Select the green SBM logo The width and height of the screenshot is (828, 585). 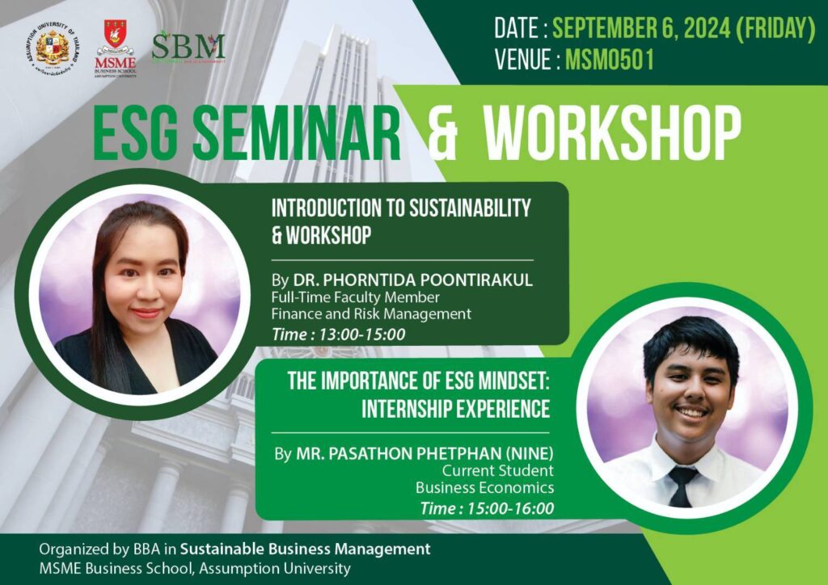(x=188, y=46)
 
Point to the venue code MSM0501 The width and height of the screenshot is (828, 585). (x=610, y=61)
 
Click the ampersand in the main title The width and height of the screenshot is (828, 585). (x=443, y=132)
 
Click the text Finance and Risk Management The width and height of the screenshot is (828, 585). (x=371, y=314)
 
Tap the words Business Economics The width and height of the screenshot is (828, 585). (x=484, y=487)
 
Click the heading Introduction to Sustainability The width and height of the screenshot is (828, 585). (x=401, y=208)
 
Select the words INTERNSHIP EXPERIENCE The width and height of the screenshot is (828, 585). (x=455, y=409)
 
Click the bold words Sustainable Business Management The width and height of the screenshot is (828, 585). (x=305, y=549)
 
